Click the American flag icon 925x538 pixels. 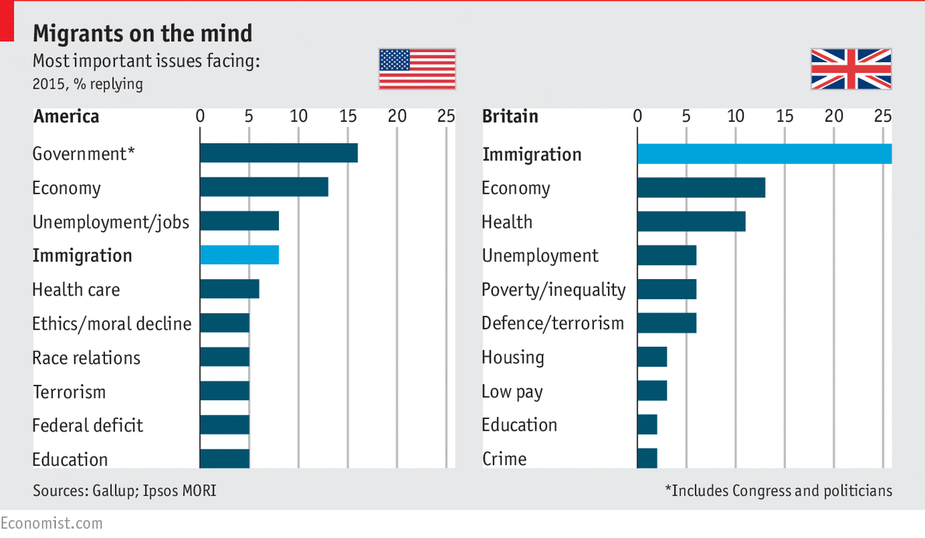[417, 69]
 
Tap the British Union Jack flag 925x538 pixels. [850, 69]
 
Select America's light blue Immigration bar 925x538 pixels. [239, 255]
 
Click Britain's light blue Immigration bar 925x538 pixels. [763, 153]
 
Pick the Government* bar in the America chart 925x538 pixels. [278, 153]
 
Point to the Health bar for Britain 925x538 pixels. [691, 222]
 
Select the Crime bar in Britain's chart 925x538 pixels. [647, 459]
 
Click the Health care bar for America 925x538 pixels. [229, 289]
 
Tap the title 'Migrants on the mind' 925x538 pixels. [142, 33]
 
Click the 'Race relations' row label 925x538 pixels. [86, 358]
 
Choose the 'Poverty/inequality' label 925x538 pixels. [553, 290]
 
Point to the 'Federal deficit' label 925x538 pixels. [88, 425]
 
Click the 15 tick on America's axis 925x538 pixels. [347, 116]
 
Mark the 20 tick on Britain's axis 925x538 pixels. [833, 116]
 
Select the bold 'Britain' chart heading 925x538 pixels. [510, 117]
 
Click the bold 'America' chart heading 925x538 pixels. [66, 117]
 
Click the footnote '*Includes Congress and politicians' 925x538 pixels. [778, 491]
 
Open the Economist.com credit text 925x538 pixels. [51, 523]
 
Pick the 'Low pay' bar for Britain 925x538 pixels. [651, 391]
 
